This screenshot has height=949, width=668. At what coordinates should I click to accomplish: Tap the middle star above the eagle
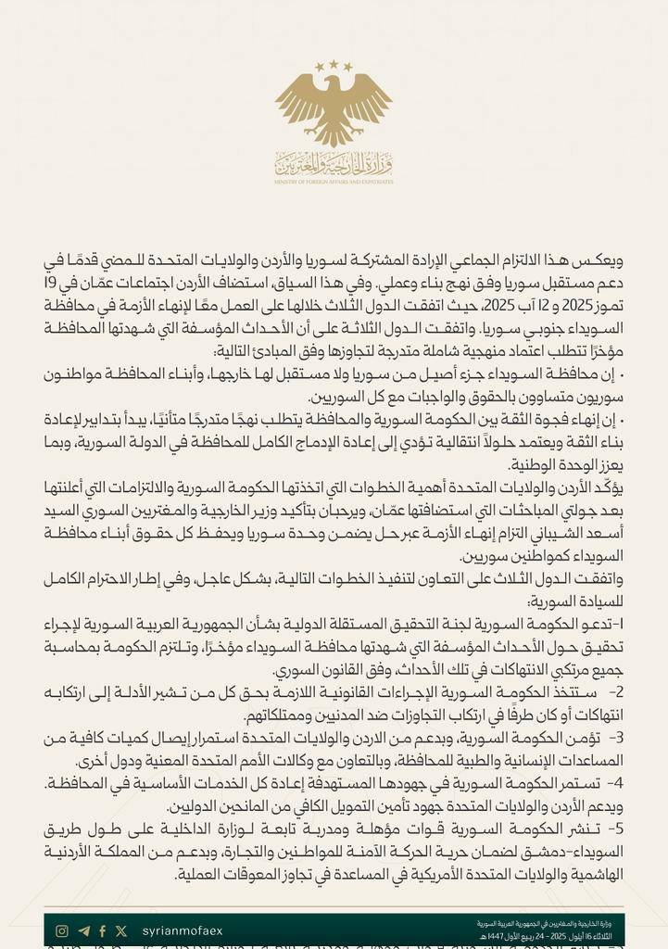(x=334, y=64)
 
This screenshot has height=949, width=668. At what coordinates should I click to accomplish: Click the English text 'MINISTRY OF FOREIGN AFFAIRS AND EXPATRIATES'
(x=334, y=181)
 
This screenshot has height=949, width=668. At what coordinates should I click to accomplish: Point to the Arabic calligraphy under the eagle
(x=334, y=164)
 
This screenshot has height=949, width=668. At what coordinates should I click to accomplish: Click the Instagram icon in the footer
(x=62, y=930)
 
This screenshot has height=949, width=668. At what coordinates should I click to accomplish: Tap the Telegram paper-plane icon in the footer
(x=84, y=930)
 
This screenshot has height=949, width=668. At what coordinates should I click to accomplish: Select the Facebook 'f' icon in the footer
(x=102, y=930)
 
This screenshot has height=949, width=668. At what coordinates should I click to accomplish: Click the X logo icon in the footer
(x=121, y=930)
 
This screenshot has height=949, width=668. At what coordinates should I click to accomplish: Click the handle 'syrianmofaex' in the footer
(x=183, y=930)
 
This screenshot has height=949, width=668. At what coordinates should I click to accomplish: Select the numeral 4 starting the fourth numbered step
(x=616, y=784)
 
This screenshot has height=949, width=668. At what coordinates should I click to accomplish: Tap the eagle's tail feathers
(x=334, y=136)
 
